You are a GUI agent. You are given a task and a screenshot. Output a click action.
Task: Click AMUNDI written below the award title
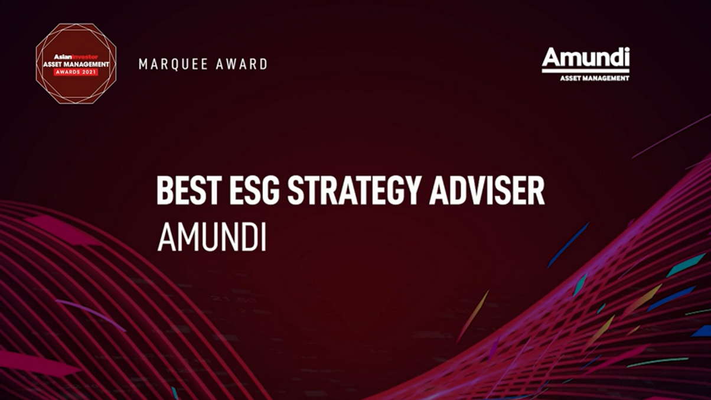(x=211, y=238)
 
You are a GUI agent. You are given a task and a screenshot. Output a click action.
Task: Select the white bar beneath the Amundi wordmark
(x=585, y=71)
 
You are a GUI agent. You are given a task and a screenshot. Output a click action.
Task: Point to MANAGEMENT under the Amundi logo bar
(x=606, y=78)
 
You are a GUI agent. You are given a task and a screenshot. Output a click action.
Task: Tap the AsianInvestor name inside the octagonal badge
(x=76, y=57)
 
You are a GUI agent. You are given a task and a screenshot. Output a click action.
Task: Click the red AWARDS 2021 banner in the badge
(x=76, y=71)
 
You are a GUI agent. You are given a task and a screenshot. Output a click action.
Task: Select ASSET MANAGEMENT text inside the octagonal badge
(x=76, y=64)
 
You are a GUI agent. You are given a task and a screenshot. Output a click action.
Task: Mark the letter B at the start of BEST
(x=163, y=190)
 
